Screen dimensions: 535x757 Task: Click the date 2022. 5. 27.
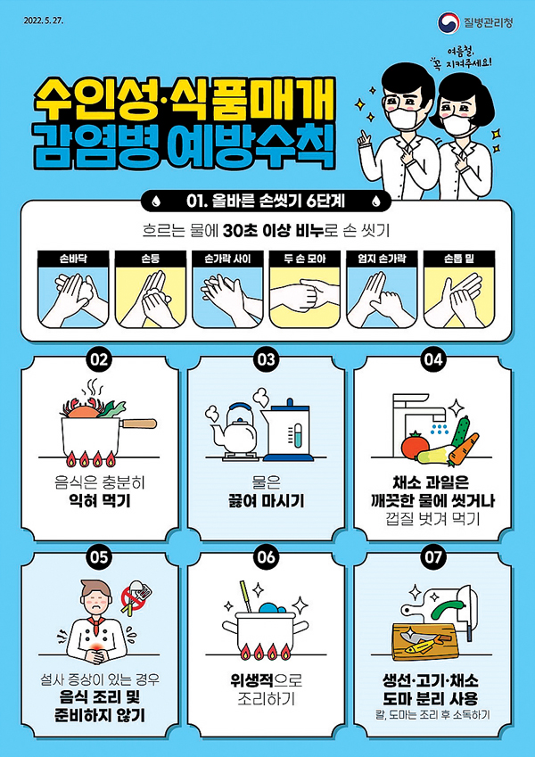coord(44,21)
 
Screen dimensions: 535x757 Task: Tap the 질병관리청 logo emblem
coord(448,21)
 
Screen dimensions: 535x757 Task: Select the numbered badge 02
coord(100,359)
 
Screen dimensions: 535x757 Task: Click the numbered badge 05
coord(100,557)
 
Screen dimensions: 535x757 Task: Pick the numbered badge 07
coord(433,557)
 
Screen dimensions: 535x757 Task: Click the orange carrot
coord(464,449)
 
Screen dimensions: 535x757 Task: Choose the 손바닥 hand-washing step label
coord(73,259)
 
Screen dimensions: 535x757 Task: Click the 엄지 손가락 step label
coord(382,259)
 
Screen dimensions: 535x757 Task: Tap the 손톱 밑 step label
coord(459,259)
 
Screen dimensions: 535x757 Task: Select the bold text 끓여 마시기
coord(266,501)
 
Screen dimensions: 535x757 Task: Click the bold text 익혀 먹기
coord(100,501)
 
